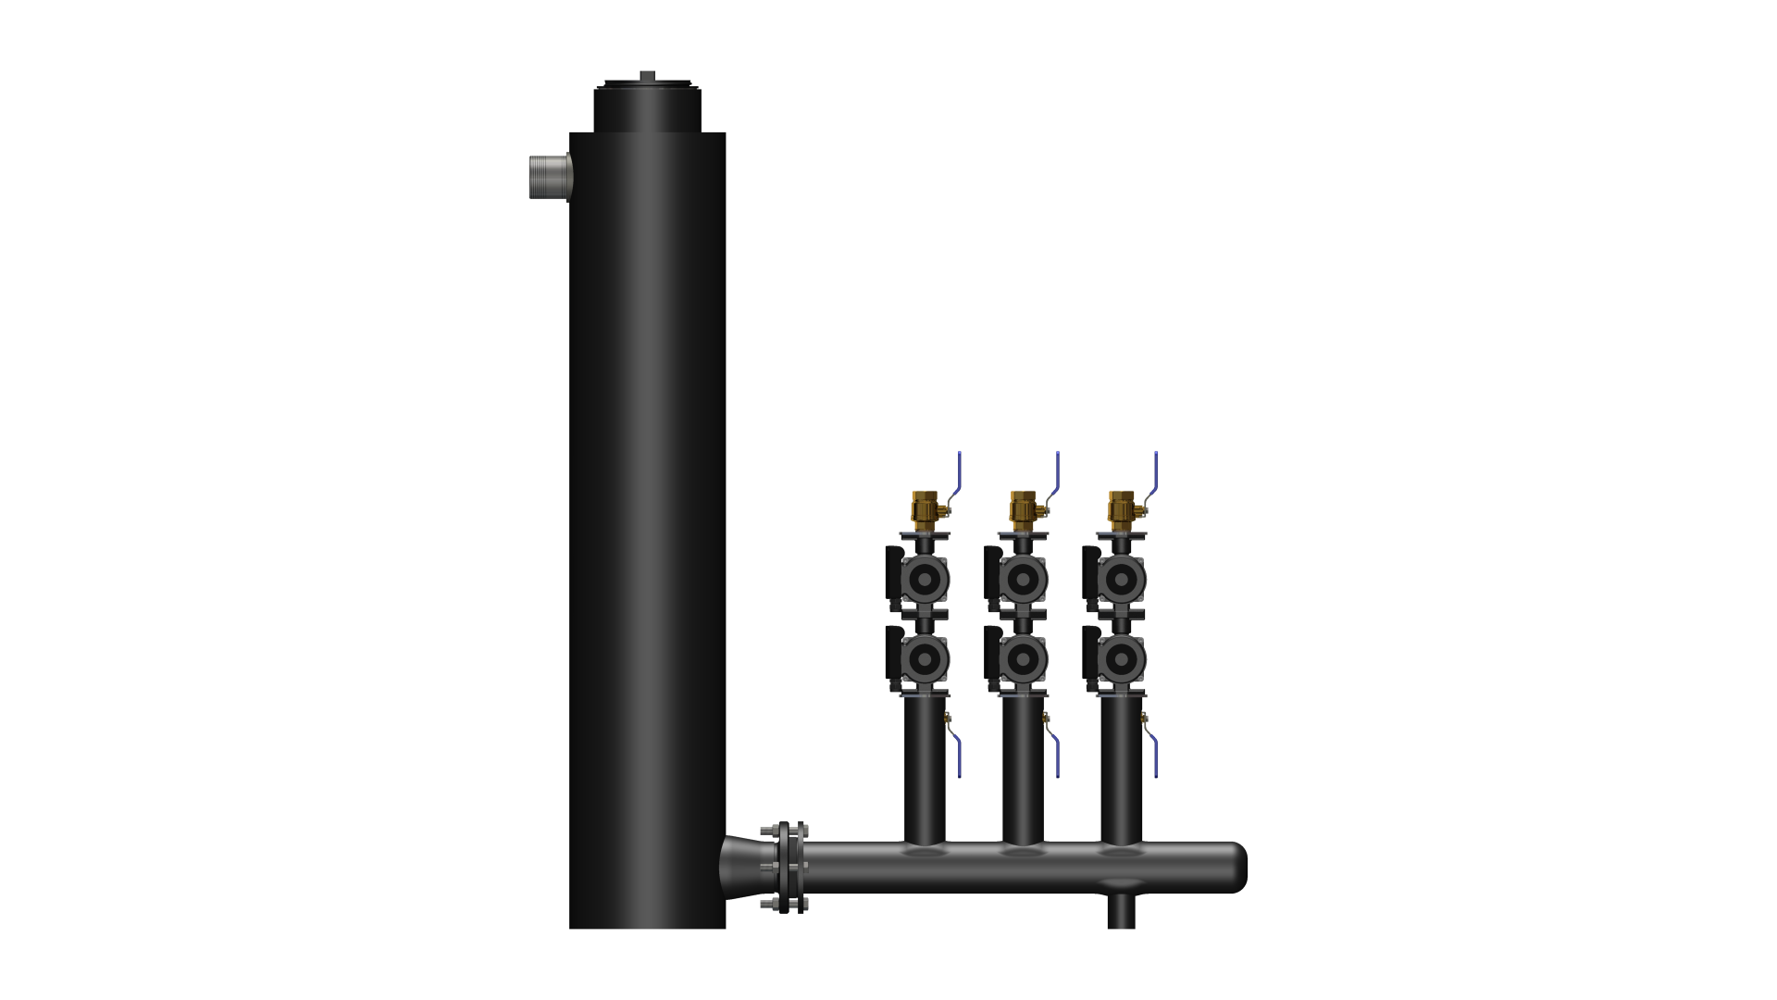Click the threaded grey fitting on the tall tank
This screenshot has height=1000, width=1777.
550,177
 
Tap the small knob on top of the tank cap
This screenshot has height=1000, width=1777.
647,76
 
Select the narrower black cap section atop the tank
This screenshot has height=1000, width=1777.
647,110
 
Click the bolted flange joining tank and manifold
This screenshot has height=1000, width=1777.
785,868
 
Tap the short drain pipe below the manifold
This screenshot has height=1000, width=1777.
1121,911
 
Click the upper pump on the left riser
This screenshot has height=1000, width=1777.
924,580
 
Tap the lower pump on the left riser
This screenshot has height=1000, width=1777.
924,659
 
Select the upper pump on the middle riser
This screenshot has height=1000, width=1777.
1022,580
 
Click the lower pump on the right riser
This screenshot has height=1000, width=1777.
1120,659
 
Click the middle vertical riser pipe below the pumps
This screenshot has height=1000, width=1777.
1023,769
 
